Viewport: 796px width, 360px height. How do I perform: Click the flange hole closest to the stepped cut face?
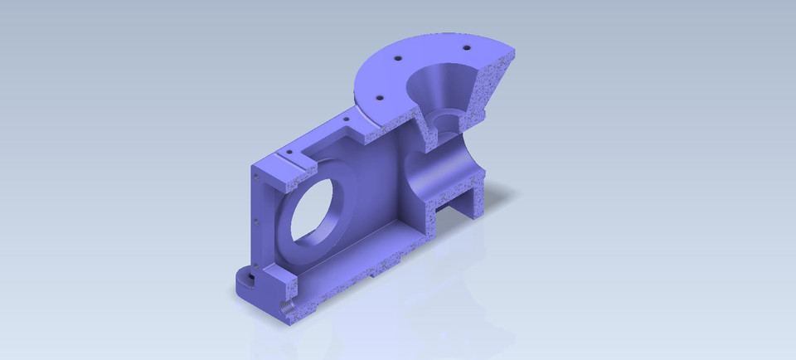click(x=381, y=97)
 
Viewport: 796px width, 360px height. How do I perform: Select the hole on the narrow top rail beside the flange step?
click(x=346, y=121)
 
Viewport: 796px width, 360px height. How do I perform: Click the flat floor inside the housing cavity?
click(x=373, y=241)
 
